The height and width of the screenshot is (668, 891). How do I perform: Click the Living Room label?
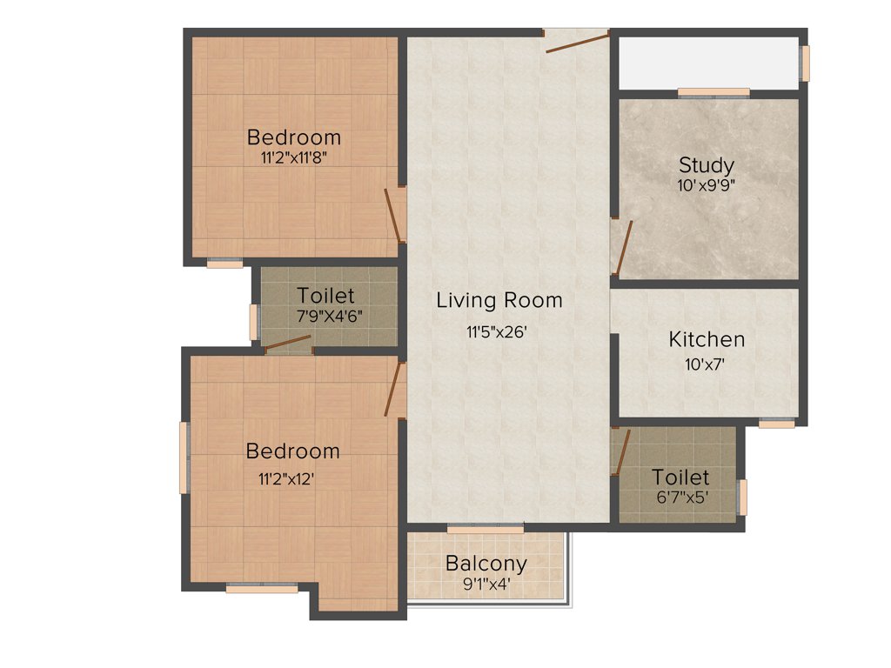(x=499, y=301)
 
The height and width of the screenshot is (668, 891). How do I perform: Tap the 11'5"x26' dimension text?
(x=497, y=331)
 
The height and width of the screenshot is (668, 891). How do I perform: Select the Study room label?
(x=706, y=164)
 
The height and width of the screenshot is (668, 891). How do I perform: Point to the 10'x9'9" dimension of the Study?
(x=706, y=184)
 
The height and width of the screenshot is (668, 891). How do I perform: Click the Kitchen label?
(x=707, y=339)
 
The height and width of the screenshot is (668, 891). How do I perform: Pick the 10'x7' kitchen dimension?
(x=706, y=364)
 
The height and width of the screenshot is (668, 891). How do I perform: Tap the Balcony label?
(x=486, y=564)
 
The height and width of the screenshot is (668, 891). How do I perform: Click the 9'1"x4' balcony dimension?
(x=486, y=584)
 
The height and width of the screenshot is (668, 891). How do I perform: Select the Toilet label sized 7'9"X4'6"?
(x=325, y=295)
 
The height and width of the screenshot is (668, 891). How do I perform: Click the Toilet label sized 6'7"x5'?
(x=680, y=478)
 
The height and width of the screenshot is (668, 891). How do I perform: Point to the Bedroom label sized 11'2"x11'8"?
(x=294, y=137)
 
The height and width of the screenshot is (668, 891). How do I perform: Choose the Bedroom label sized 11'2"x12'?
(x=293, y=451)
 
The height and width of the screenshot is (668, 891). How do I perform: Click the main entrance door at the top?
(x=577, y=40)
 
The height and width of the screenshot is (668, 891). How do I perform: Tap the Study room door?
(x=621, y=247)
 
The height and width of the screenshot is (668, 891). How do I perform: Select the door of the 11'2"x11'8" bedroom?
(x=394, y=215)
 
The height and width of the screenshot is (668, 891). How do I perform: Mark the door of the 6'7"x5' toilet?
(x=620, y=452)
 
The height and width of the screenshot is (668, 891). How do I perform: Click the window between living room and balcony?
(x=486, y=528)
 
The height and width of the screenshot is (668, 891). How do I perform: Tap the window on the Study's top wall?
(x=713, y=92)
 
